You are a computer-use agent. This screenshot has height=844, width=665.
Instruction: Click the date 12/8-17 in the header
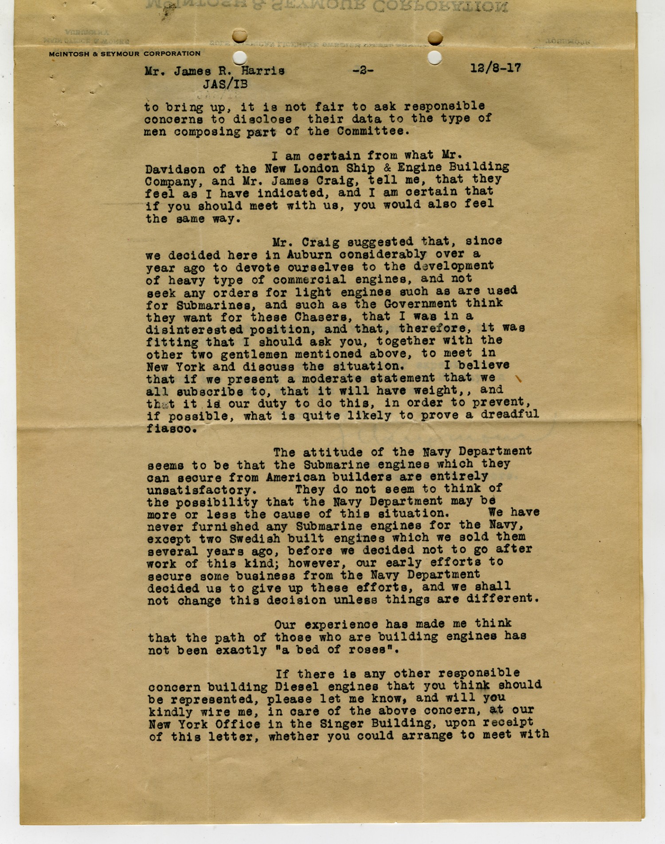495,68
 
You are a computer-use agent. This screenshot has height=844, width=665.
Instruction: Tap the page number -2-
363,70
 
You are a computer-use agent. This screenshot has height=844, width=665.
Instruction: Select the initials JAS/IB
225,84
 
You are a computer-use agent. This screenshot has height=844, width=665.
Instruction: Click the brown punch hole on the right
435,39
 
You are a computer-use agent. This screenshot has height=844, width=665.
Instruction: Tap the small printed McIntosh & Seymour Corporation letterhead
125,54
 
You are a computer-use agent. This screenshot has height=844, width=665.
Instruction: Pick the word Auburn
309,255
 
